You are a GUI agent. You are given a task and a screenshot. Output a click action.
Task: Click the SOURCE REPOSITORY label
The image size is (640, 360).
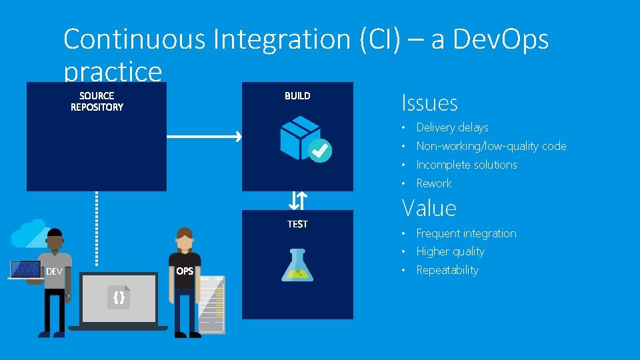pos(97,101)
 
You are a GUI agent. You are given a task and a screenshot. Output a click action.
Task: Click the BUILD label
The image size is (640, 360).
pos(297,96)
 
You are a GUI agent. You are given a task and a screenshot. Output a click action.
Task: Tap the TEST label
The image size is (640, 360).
pos(297,224)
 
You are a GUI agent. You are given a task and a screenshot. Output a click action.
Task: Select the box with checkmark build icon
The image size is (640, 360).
pos(305,139)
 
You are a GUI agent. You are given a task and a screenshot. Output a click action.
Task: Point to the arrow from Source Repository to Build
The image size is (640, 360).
pos(203,137)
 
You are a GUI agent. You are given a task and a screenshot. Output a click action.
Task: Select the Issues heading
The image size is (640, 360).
pos(429,103)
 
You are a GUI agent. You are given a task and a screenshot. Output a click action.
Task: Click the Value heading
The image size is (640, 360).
pos(429,209)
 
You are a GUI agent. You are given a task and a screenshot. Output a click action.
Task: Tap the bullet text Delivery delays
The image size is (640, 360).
pos(452,127)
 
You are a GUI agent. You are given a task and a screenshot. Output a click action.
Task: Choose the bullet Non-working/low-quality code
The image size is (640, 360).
pos(491,146)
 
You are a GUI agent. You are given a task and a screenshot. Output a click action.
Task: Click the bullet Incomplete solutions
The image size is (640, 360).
pos(467,165)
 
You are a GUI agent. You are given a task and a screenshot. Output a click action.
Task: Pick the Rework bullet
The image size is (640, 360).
pos(434,183)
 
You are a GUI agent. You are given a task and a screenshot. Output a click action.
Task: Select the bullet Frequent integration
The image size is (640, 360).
pos(466,233)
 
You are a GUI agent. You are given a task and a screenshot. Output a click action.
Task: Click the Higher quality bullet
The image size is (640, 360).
pos(450,251)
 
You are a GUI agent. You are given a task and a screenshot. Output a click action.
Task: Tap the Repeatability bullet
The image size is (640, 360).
pos(447,270)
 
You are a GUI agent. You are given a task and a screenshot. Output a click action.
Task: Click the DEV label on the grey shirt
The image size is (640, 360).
pos(54,271)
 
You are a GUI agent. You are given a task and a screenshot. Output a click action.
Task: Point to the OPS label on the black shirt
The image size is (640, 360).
pos(185,271)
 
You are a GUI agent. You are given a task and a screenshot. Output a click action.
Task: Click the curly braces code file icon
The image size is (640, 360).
pos(119,297)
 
